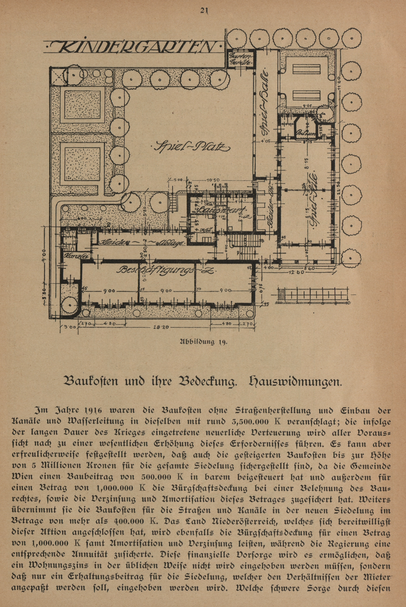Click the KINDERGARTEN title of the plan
(x=133, y=47)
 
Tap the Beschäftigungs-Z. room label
(x=166, y=270)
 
